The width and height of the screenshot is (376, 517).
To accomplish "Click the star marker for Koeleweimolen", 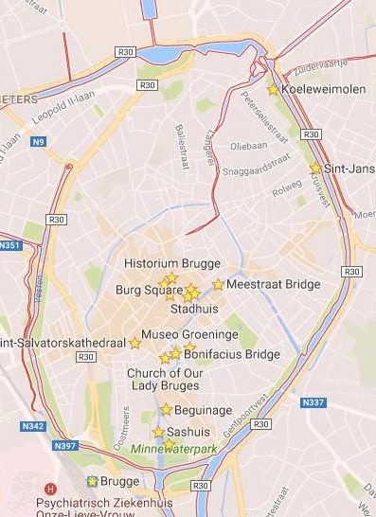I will [x=273, y=90].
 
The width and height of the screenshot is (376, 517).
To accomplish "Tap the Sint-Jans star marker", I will [x=314, y=169].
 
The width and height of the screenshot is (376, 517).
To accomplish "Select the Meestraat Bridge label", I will [x=260, y=283].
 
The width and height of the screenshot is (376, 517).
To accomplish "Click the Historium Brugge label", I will [x=172, y=263].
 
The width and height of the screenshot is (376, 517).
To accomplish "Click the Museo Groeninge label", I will [x=189, y=334].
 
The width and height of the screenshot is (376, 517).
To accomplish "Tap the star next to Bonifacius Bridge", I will [x=176, y=353].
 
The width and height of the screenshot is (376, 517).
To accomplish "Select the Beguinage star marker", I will [x=167, y=409].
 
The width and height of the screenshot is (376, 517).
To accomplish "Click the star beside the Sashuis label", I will [x=158, y=432].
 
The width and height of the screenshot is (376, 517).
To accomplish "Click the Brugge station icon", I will [x=92, y=481].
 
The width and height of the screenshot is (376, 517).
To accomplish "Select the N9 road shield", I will [x=38, y=142].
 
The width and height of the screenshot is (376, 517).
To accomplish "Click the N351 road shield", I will [x=9, y=245].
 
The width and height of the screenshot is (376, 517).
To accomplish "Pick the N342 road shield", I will [x=31, y=426].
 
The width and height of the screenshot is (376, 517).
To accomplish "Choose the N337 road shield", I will [x=313, y=402].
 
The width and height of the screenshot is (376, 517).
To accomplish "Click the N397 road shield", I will [x=65, y=445].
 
